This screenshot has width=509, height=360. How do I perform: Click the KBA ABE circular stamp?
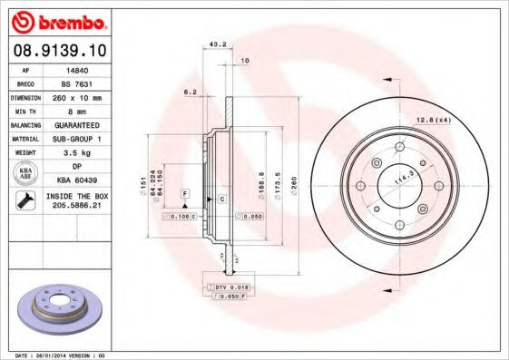tap(26, 173)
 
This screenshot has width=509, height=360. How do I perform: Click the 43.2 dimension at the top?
tap(218, 44)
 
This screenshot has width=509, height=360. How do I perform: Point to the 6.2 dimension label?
tap(190, 92)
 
